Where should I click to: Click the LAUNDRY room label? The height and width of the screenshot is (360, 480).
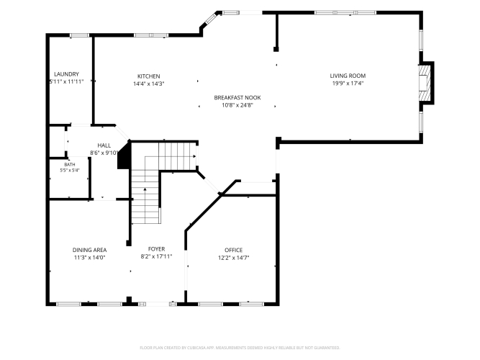(66, 74)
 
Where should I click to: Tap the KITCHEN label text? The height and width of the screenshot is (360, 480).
(148, 76)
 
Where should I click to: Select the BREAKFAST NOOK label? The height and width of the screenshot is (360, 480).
(237, 98)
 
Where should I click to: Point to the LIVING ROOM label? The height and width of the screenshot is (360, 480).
(348, 76)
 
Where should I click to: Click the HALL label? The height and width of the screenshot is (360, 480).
(104, 145)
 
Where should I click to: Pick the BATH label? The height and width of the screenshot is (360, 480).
(70, 165)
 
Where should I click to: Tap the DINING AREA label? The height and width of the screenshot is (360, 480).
(89, 250)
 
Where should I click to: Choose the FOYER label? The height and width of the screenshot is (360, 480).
(156, 249)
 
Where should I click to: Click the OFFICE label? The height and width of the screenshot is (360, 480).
(234, 250)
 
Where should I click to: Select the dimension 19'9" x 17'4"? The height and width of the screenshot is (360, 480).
(348, 84)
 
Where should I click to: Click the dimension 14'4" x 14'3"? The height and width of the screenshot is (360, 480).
(149, 84)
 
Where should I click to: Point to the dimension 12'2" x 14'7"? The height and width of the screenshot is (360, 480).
(234, 258)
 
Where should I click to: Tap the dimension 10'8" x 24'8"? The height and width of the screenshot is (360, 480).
(237, 105)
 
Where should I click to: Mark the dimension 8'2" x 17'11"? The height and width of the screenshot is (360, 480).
(156, 257)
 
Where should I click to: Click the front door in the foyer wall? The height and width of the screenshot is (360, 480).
(158, 304)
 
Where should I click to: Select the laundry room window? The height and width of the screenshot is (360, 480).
(79, 35)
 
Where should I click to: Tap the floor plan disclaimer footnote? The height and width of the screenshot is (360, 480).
(240, 348)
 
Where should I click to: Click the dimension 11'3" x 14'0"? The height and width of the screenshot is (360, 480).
(89, 258)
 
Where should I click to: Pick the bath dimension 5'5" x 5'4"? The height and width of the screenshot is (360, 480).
(70, 171)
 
